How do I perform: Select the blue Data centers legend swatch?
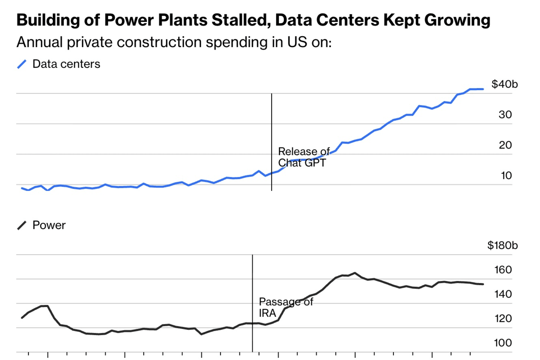click(22, 64)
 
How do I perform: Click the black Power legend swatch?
click(22, 225)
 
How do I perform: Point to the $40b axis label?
click(504, 84)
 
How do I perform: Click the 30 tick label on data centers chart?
click(505, 115)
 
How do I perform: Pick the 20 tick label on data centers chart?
click(505, 145)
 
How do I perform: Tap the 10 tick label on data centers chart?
click(506, 175)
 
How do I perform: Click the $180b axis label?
click(502, 246)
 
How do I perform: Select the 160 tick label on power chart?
click(503, 270)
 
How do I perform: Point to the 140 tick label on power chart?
click(503, 294)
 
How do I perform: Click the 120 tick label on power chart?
click(503, 318)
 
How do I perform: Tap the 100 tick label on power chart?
click(503, 343)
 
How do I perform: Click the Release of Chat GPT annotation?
click(303, 157)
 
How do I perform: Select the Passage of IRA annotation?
click(285, 307)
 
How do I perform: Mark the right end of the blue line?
click(483, 89)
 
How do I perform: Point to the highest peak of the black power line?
click(355, 273)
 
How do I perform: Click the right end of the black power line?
click(483, 284)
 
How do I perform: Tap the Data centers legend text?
click(66, 64)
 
